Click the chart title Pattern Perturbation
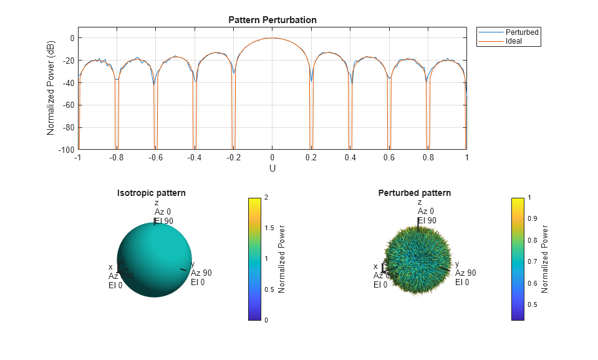pyautogui.click(x=272, y=20)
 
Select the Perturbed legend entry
pyautogui.click(x=522, y=32)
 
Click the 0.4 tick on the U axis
pyautogui.click(x=350, y=158)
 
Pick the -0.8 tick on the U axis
pyautogui.click(x=117, y=158)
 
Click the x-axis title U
pyautogui.click(x=272, y=168)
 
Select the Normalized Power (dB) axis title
pyautogui.click(x=51, y=94)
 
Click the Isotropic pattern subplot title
pyautogui.click(x=152, y=193)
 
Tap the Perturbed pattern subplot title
pyautogui.click(x=415, y=193)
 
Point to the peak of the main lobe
pyautogui.click(x=272, y=38)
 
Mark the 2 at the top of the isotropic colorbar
pyautogui.click(x=267, y=198)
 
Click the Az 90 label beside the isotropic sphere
pyautogui.click(x=201, y=273)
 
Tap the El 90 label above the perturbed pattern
pyautogui.click(x=427, y=220)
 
